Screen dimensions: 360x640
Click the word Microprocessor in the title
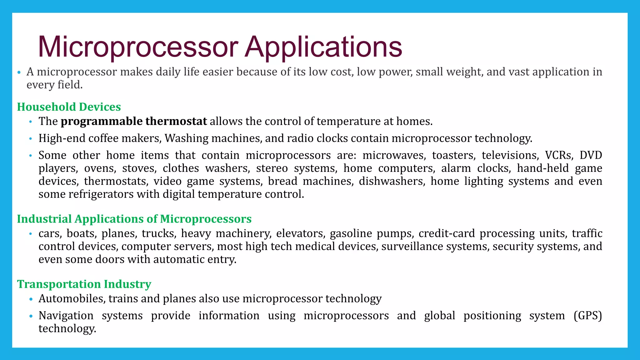[137, 47]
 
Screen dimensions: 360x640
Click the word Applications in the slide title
[323, 47]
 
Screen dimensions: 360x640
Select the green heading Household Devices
[69, 107]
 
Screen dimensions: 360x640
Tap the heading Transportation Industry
[84, 284]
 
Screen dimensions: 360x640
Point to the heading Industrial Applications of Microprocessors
[134, 219]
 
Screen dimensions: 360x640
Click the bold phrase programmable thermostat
[134, 121]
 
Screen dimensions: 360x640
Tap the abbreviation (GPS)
[587, 316]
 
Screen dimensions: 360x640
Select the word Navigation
[66, 316]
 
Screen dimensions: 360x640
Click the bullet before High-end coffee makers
[31, 138]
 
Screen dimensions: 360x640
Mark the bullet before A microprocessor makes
[19, 72]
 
